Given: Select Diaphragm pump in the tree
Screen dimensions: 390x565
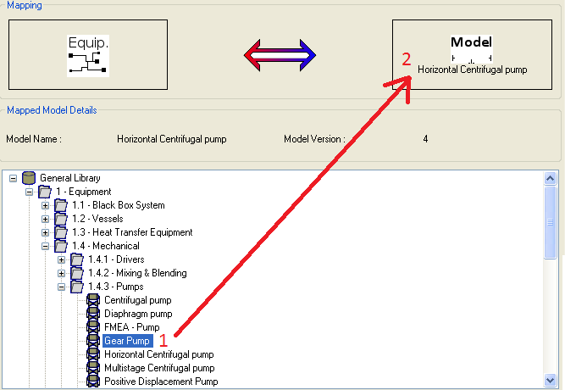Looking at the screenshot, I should click(x=138, y=314).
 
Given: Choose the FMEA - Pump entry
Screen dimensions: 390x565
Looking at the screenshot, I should click(x=131, y=327).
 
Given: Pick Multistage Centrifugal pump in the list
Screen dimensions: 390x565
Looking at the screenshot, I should click(x=159, y=368).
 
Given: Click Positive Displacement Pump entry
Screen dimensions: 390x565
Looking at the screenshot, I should click(x=161, y=382).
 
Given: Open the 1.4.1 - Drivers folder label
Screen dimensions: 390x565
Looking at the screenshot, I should click(x=116, y=259).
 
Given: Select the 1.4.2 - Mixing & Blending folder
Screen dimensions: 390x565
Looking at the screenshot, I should click(x=137, y=273).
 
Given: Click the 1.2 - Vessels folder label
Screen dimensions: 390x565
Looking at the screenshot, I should click(x=97, y=219).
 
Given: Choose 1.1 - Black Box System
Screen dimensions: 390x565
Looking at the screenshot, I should click(x=118, y=205).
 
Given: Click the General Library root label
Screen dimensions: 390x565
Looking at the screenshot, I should click(x=70, y=178).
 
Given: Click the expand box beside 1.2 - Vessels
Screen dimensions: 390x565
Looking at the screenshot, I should click(x=45, y=219).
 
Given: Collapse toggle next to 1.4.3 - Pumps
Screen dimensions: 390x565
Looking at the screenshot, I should click(x=61, y=287).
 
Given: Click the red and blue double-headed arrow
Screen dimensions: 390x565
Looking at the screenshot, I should click(x=280, y=56).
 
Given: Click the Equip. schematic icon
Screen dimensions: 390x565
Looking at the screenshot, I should click(x=88, y=56).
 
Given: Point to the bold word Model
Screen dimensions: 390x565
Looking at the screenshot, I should click(x=471, y=42).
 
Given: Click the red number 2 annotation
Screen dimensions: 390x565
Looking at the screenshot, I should click(x=407, y=59).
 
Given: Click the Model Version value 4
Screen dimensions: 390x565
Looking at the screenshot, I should click(x=425, y=138).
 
